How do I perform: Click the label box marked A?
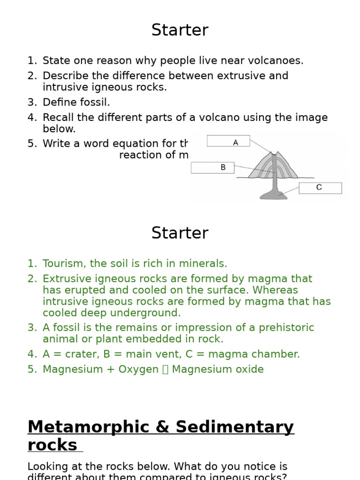pos(228,141)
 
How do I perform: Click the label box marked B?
pos(212,167)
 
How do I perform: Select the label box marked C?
pos(320,188)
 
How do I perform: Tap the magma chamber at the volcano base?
pos(274,194)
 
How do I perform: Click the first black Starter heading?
pos(180,30)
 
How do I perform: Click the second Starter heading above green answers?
pos(180,233)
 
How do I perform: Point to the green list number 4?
pos(32,354)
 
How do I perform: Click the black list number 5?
pos(32,144)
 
